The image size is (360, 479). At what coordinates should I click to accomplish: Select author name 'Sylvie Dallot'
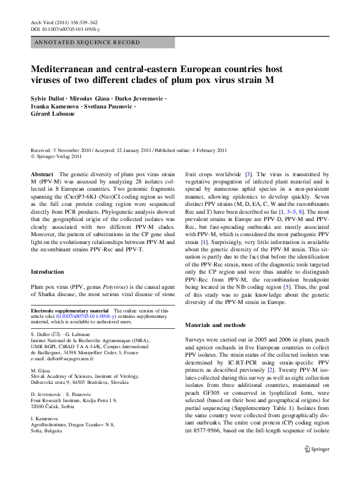[x=50, y=98]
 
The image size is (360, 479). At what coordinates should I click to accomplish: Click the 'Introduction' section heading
[x=47, y=272]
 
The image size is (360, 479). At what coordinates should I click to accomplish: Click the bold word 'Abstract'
[x=42, y=174]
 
